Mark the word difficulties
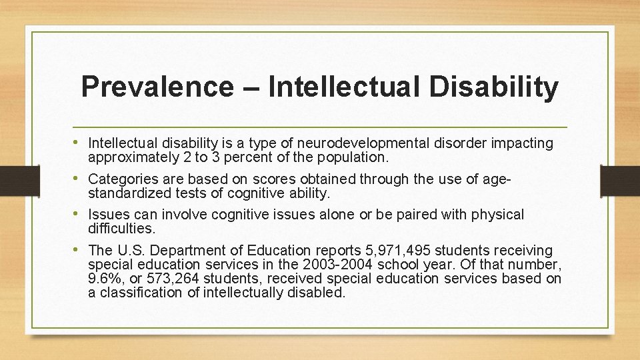121,229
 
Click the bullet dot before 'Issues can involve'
80,214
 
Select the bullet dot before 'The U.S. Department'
80,250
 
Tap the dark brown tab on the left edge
11,181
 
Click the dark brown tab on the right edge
619,181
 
